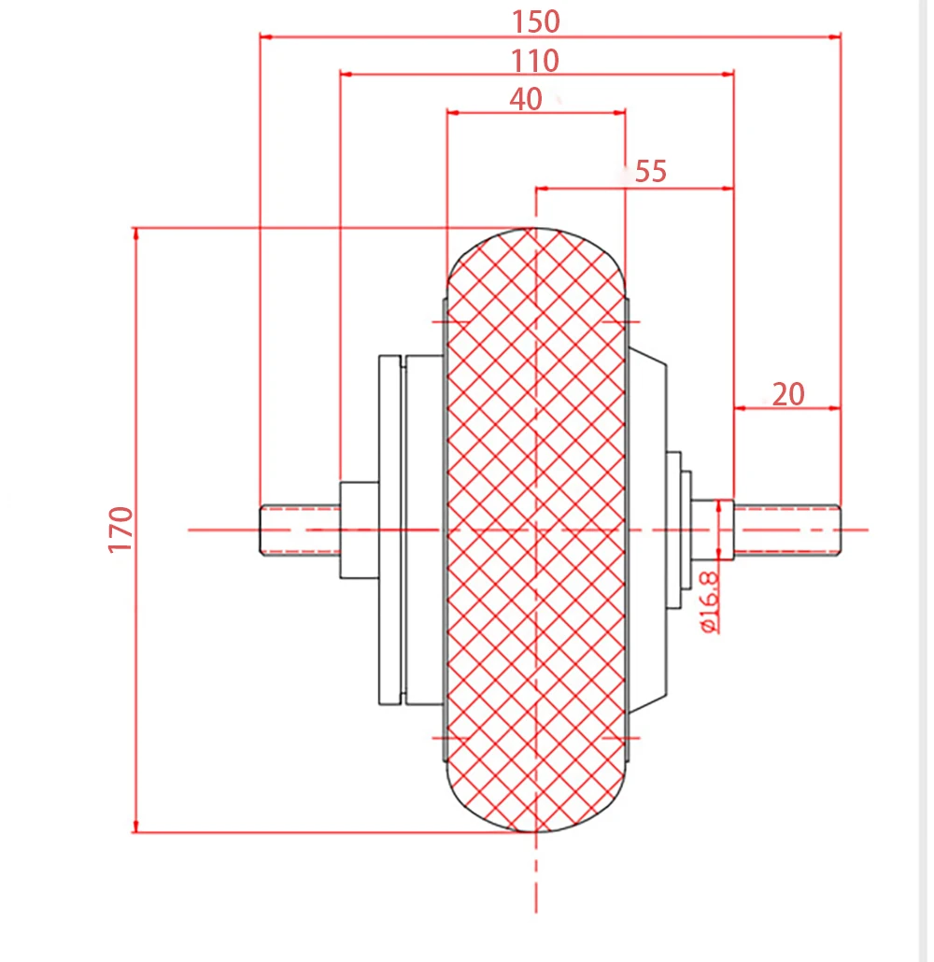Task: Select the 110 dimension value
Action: (x=535, y=61)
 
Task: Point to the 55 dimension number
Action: (x=651, y=172)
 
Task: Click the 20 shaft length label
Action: (x=788, y=394)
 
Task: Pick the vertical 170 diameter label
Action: (x=122, y=530)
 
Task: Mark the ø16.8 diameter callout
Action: (x=709, y=602)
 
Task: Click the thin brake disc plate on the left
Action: (x=389, y=530)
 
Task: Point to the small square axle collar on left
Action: (x=359, y=530)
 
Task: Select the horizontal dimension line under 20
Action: (x=788, y=408)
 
